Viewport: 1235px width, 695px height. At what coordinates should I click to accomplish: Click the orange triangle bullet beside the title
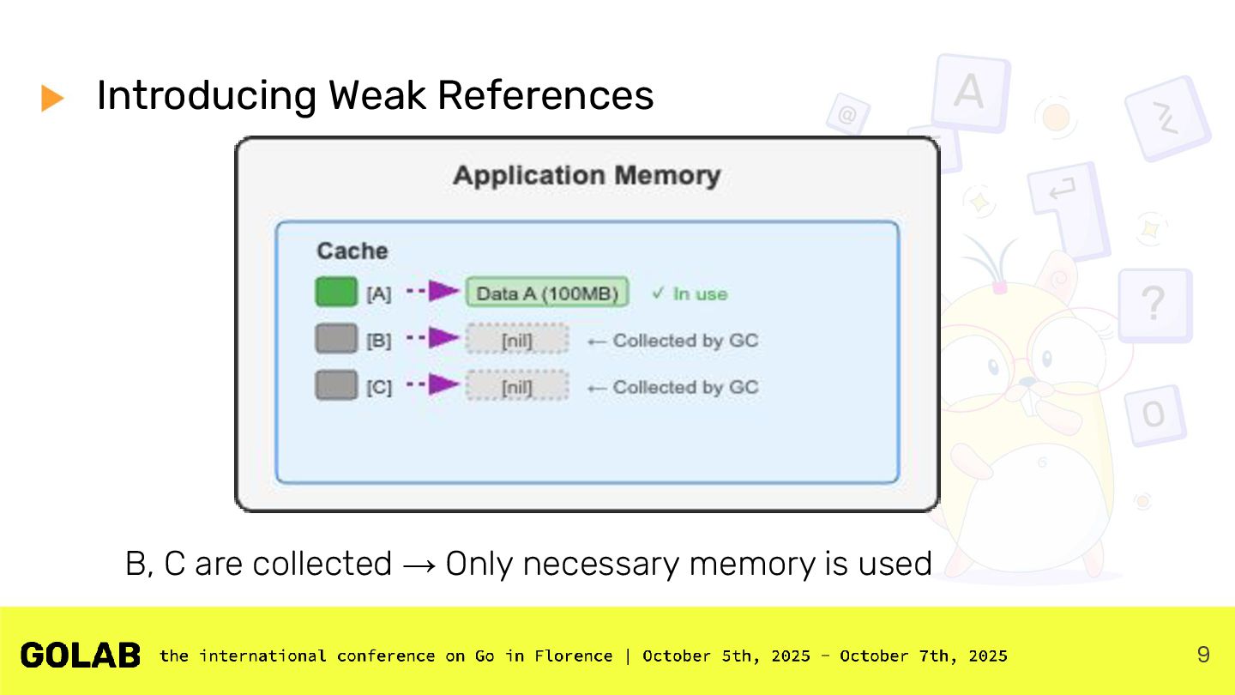(x=51, y=98)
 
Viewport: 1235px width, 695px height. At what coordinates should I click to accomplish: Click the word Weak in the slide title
(x=377, y=95)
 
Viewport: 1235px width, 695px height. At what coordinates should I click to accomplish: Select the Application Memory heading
(x=587, y=176)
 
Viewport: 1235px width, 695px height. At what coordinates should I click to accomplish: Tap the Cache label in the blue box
(x=352, y=251)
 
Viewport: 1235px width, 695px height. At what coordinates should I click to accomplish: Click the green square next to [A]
(x=336, y=291)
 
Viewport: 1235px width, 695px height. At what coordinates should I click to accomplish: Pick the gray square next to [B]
(x=336, y=338)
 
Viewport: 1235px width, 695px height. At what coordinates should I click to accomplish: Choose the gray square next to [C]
(x=336, y=385)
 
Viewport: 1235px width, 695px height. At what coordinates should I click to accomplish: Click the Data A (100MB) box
(x=547, y=293)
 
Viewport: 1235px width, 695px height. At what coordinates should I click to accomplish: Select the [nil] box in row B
(x=517, y=339)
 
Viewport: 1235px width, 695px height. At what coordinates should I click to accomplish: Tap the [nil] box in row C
(x=517, y=386)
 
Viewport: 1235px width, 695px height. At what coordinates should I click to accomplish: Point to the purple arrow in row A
(x=433, y=291)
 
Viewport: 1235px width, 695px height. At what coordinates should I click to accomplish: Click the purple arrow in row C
(x=433, y=384)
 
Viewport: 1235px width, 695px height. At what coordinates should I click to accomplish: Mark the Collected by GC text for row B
(x=685, y=341)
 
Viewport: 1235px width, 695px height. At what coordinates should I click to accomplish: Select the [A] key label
(x=379, y=294)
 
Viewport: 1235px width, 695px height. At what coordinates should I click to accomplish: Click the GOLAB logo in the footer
(x=81, y=656)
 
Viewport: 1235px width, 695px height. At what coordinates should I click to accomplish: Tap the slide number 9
(x=1203, y=655)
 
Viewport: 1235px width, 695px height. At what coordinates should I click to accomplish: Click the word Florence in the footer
(x=574, y=656)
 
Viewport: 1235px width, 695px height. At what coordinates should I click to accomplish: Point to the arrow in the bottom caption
(x=419, y=565)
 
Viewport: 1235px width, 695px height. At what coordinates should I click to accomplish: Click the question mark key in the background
(x=1154, y=304)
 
